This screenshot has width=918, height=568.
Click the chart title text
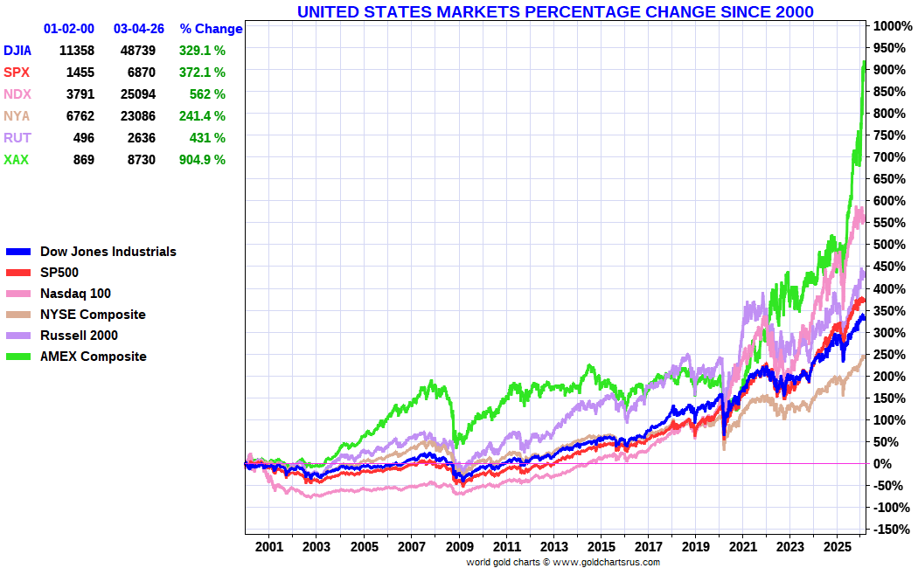click(x=555, y=11)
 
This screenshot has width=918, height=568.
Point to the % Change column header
click(x=211, y=29)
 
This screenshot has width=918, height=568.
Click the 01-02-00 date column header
click(x=71, y=29)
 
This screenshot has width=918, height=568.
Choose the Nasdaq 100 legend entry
click(x=75, y=294)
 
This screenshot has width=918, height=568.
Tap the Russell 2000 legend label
click(x=79, y=336)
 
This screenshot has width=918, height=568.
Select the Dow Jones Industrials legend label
click(x=108, y=252)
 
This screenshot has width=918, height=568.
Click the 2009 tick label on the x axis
click(x=458, y=546)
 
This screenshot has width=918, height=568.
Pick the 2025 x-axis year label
click(x=838, y=546)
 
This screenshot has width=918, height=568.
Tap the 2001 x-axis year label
click(x=269, y=546)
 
